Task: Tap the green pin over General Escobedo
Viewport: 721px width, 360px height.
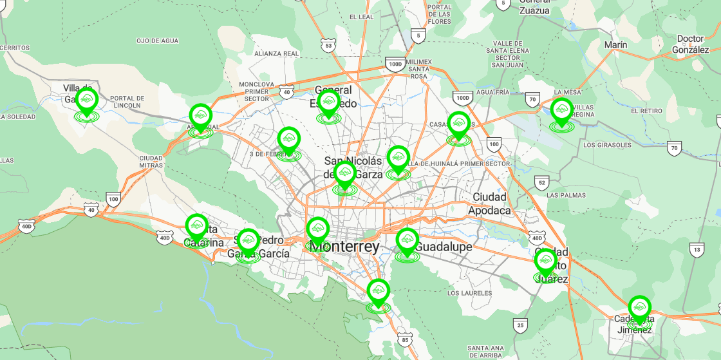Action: (328, 101)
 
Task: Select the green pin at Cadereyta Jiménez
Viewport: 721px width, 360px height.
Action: (639, 307)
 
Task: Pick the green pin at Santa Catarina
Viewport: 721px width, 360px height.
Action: (196, 226)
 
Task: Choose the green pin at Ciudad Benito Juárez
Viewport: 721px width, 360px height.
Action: (545, 261)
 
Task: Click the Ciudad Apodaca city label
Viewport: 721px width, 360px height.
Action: (489, 204)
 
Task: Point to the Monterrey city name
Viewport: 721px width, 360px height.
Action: (344, 247)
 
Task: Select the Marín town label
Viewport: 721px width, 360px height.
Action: (615, 44)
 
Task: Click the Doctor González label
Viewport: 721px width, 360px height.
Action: (690, 44)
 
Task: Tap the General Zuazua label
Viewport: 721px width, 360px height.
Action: (534, 6)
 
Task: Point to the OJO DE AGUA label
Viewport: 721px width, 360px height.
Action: (157, 41)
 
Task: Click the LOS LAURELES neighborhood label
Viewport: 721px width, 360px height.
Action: (470, 293)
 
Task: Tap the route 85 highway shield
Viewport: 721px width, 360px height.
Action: (404, 339)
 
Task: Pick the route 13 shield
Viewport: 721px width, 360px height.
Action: (696, 250)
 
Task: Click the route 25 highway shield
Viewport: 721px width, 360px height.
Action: (520, 325)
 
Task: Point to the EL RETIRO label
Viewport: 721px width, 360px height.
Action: (646, 111)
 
